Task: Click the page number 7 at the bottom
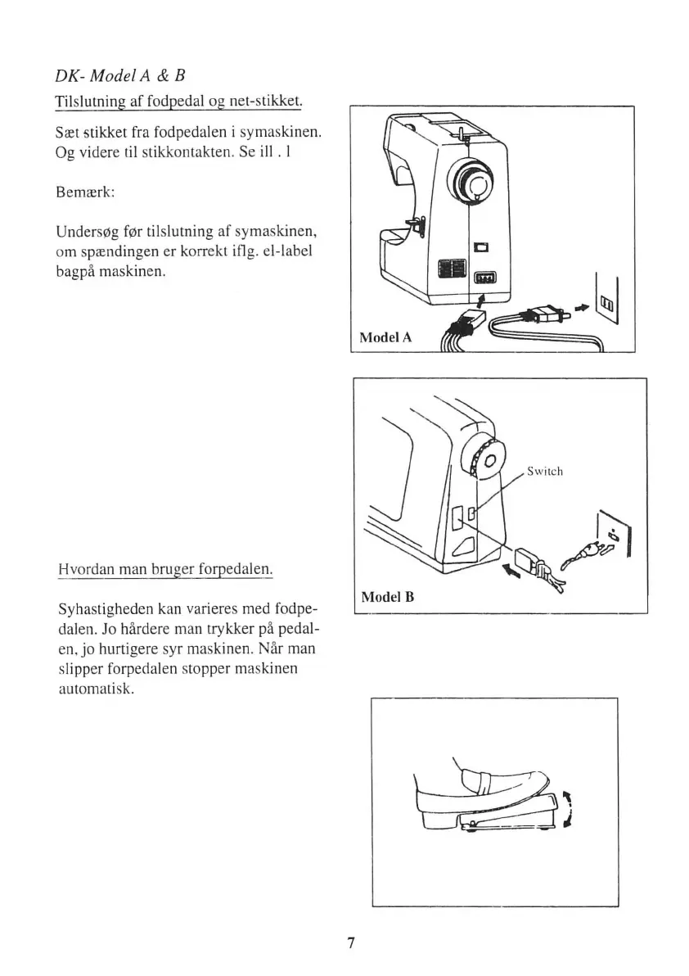pos(349,942)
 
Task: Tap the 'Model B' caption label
pos(388,596)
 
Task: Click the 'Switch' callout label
pos(545,471)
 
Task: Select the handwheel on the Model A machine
pos(473,181)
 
